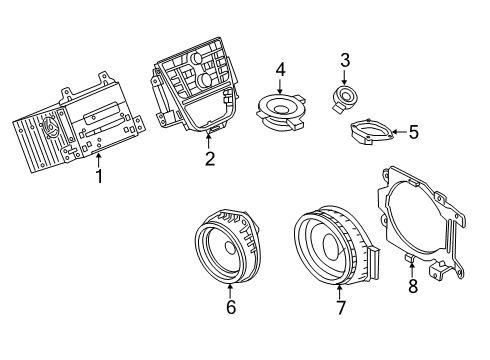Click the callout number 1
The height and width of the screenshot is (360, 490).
click(x=99, y=177)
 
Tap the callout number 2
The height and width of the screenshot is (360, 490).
click(x=210, y=157)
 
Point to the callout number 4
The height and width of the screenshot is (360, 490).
click(x=281, y=69)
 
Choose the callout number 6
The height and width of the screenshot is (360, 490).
click(x=230, y=308)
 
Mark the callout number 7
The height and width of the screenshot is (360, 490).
click(x=340, y=308)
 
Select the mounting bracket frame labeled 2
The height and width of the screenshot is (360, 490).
click(x=195, y=95)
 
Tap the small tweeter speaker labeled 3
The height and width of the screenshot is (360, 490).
click(x=346, y=97)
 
